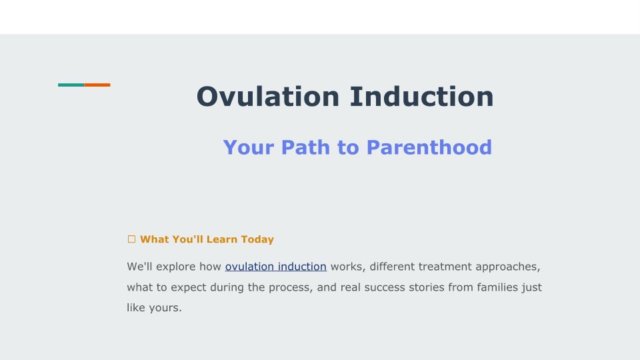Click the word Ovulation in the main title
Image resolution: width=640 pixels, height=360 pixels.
(268, 97)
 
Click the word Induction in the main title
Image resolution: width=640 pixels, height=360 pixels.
(421, 97)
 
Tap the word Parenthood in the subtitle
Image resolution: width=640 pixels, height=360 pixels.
(429, 147)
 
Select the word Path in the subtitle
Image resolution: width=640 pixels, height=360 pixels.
(305, 147)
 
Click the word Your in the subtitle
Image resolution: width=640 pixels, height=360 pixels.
(249, 147)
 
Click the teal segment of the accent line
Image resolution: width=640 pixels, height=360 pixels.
(71, 85)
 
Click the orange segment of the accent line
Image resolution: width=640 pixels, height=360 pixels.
(97, 85)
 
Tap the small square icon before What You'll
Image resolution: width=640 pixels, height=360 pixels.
(131, 239)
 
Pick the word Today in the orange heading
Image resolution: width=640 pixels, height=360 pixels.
(257, 239)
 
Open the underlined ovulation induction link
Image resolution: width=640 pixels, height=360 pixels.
(276, 267)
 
